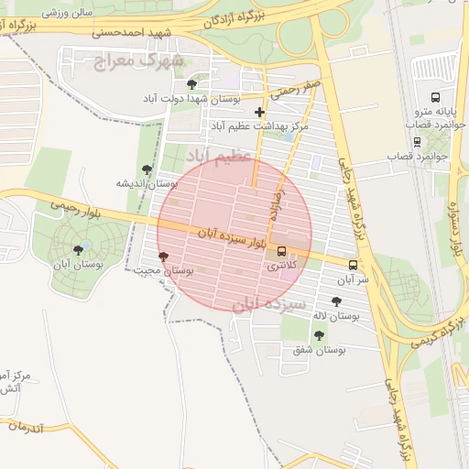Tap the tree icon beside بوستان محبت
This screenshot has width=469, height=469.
click(x=163, y=256)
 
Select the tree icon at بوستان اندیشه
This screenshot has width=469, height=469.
click(x=147, y=169)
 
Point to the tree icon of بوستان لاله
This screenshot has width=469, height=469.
click(x=335, y=300)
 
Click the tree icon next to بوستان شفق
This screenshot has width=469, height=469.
click(x=319, y=335)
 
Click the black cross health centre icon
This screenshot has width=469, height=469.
click(x=260, y=111)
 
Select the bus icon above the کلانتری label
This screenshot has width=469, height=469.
click(x=281, y=252)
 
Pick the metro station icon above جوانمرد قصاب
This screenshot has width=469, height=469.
click(x=417, y=141)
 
